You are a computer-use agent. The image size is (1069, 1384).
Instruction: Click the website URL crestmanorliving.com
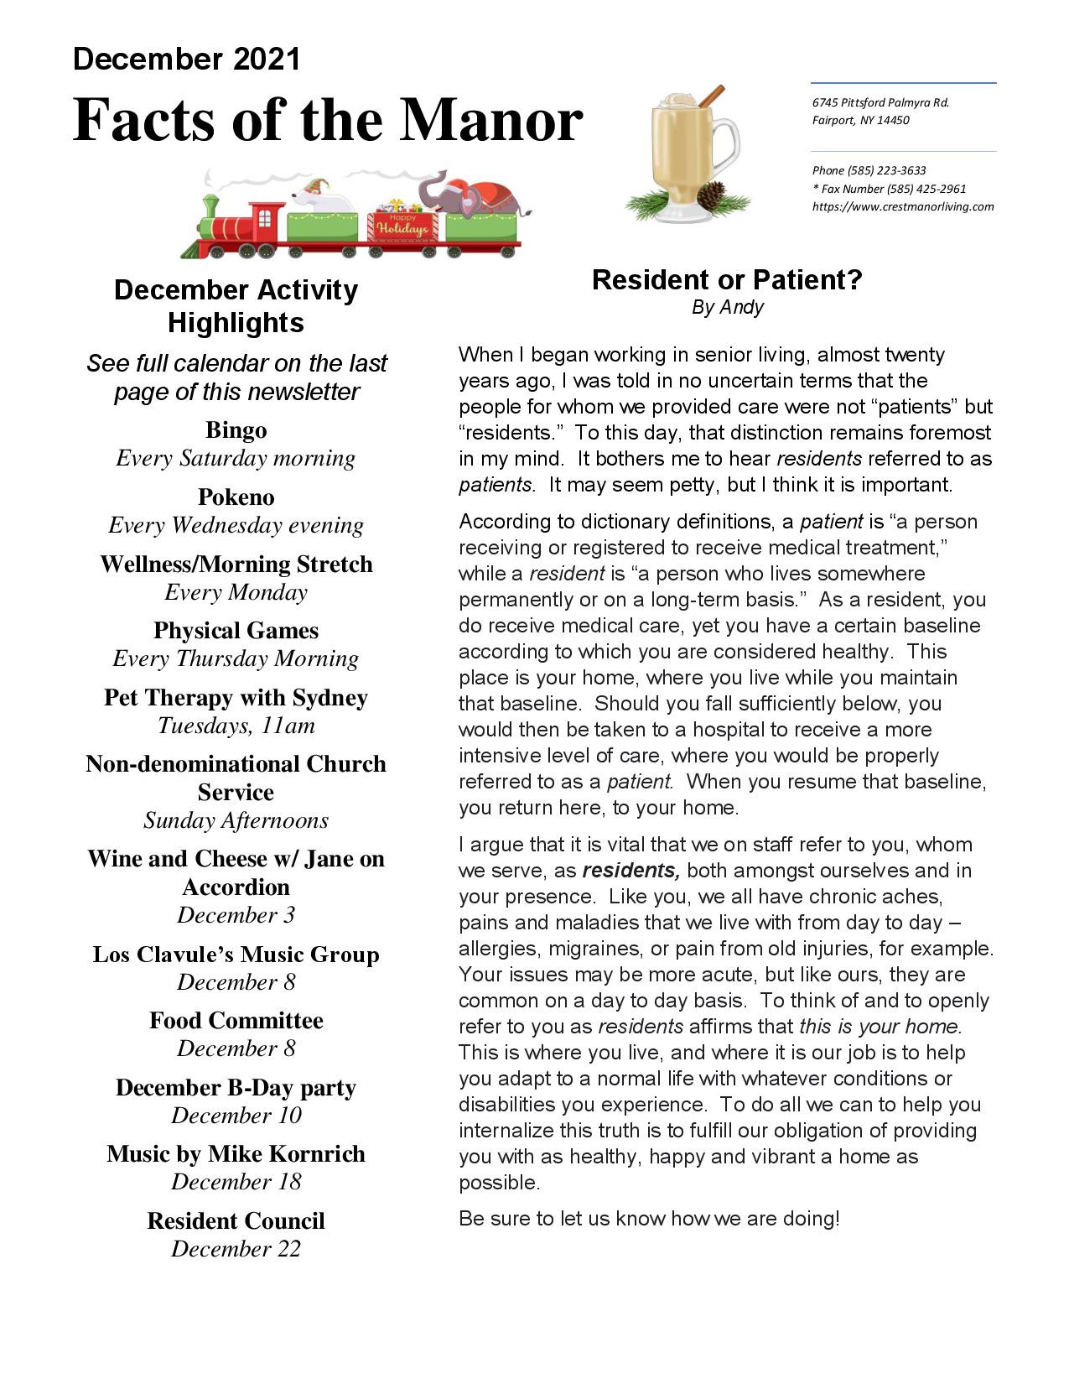point(903,206)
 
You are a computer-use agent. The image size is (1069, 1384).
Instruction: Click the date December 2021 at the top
point(186,59)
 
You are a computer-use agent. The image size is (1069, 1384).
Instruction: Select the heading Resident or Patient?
point(727,279)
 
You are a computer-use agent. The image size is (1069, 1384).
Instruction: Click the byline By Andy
point(727,307)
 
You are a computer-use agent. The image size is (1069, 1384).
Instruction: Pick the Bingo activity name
point(236,430)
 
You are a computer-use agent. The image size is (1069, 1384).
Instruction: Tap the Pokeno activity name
point(236,497)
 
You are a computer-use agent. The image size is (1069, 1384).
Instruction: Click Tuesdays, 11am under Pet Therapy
point(236,725)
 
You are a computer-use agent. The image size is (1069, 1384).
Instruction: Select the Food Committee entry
point(236,1020)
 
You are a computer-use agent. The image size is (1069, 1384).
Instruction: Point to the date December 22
point(236,1248)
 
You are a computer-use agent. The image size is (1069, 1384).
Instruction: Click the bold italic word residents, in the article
point(631,870)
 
